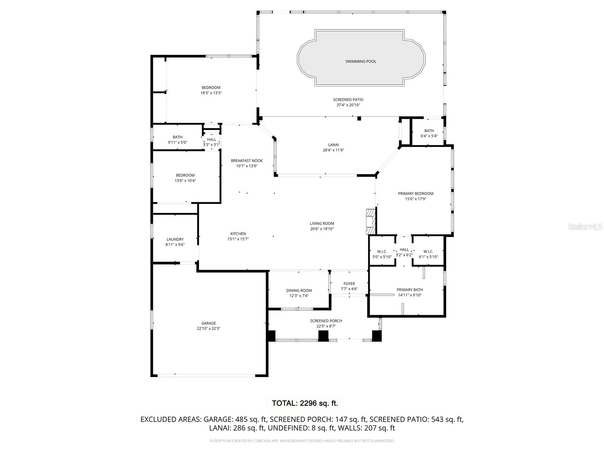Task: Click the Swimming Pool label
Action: [361, 62]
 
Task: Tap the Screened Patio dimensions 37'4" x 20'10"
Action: [348, 105]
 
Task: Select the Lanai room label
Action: [333, 145]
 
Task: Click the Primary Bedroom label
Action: [416, 194]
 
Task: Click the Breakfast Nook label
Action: [247, 161]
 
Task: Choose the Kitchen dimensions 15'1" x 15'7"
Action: [238, 239]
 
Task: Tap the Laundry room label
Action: [175, 239]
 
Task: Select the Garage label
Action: [208, 323]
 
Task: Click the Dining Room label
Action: [299, 291]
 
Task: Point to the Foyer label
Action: [349, 284]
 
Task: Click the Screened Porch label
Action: [326, 321]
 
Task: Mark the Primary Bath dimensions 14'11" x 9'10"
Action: [410, 295]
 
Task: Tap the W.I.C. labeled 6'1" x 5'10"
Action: [428, 254]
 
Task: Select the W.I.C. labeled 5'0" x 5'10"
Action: [382, 254]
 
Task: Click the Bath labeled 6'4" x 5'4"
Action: [429, 133]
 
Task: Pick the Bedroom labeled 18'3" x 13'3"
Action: [211, 90]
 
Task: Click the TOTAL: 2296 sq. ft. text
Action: [305, 403]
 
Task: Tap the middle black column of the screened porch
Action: [323, 336]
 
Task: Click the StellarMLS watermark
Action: [586, 226]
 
